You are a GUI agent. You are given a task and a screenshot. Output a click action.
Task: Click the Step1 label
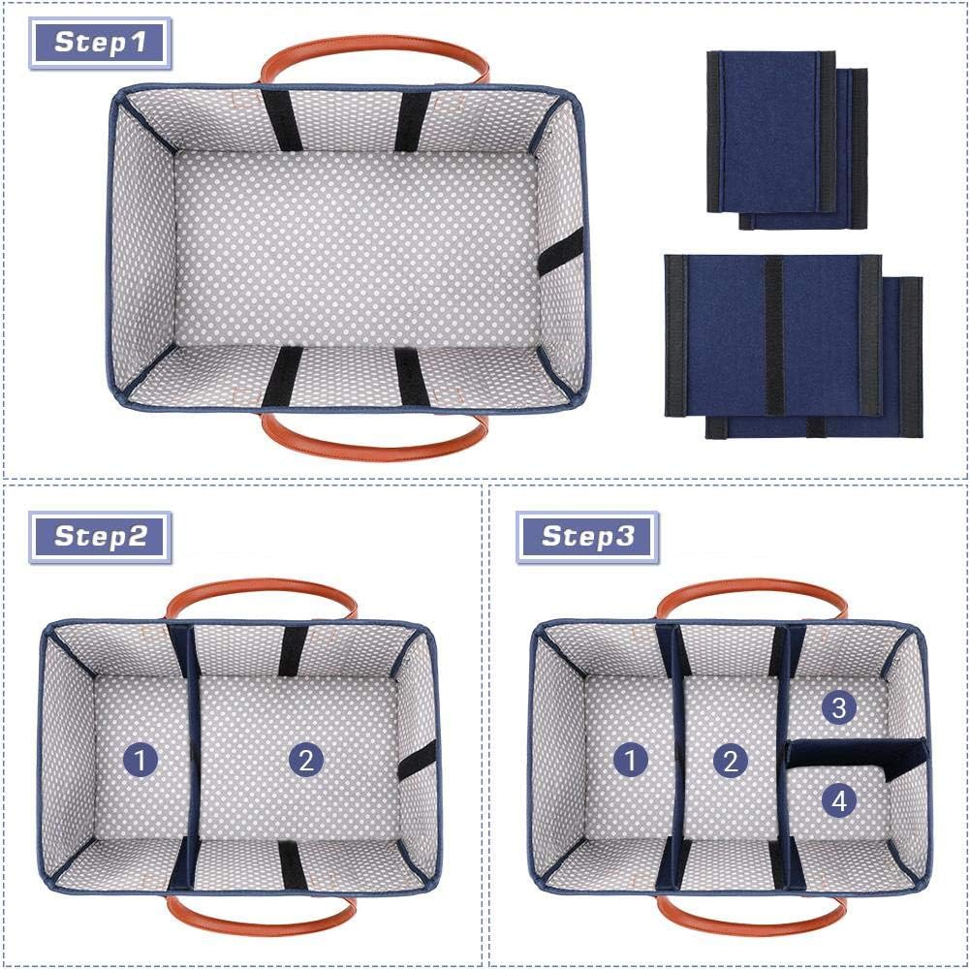coord(100,43)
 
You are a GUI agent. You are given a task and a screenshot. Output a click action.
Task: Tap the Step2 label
coord(100,536)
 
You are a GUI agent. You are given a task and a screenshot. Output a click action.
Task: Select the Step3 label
coord(587,536)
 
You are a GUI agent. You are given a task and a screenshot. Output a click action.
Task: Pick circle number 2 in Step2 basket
coord(306,761)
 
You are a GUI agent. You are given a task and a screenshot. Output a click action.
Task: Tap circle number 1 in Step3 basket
coord(630,761)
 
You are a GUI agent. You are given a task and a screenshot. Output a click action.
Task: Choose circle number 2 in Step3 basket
coord(731,761)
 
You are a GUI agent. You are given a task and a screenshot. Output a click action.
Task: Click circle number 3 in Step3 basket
coord(839,708)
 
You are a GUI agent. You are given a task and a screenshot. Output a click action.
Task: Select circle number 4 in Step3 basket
coord(839,800)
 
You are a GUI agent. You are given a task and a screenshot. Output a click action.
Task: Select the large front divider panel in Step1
coord(773,334)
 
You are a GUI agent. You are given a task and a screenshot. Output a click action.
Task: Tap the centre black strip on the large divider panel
coord(773,334)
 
